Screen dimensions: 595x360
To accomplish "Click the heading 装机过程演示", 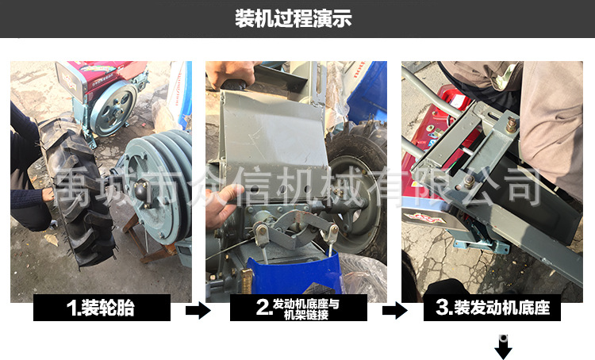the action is pyautogui.click(x=294, y=18).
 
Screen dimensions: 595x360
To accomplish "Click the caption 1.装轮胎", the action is pyautogui.click(x=101, y=308).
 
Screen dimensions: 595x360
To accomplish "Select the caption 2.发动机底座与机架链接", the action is pyautogui.click(x=297, y=308).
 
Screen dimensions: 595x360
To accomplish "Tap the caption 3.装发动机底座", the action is pyautogui.click(x=493, y=308).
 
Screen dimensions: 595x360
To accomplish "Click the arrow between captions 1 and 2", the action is pyautogui.click(x=198, y=311).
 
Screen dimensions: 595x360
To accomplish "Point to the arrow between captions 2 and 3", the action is pyautogui.click(x=394, y=311).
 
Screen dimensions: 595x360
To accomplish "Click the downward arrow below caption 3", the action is pyautogui.click(x=504, y=347).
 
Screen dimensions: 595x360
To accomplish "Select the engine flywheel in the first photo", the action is pyautogui.click(x=113, y=109).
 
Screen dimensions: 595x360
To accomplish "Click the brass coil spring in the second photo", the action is pyautogui.click(x=246, y=281).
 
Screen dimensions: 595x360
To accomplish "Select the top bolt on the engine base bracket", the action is pyautogui.click(x=512, y=124).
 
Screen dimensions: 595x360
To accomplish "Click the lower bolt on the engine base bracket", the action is pyautogui.click(x=469, y=182).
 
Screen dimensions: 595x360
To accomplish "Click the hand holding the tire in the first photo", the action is pyautogui.click(x=48, y=194).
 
